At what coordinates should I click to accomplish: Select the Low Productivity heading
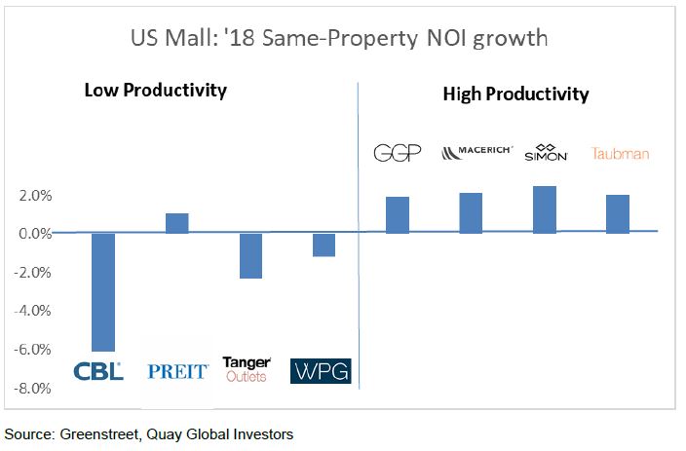click(x=155, y=91)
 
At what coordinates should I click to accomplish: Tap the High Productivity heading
click(x=515, y=94)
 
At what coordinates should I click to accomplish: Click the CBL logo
click(x=98, y=370)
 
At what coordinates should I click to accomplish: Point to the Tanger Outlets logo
click(x=247, y=369)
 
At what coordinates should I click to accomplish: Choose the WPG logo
click(x=321, y=371)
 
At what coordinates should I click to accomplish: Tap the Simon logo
click(x=546, y=153)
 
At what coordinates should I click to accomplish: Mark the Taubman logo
click(x=620, y=154)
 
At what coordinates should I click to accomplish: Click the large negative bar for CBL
click(x=103, y=291)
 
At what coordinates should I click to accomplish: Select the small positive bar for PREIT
click(x=177, y=223)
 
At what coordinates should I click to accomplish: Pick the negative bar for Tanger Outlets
click(x=250, y=255)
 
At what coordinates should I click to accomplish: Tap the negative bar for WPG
click(x=324, y=244)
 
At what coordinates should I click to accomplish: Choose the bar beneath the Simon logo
click(x=545, y=209)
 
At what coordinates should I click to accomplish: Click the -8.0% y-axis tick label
click(x=31, y=389)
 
